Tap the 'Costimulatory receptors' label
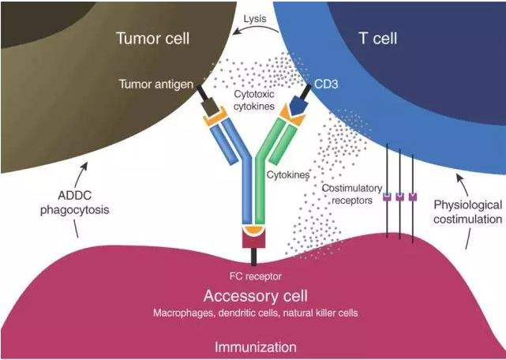[x=352, y=193]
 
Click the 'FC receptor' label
[x=254, y=276]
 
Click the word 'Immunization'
[x=254, y=347]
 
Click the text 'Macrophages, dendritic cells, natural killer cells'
[x=254, y=313]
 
